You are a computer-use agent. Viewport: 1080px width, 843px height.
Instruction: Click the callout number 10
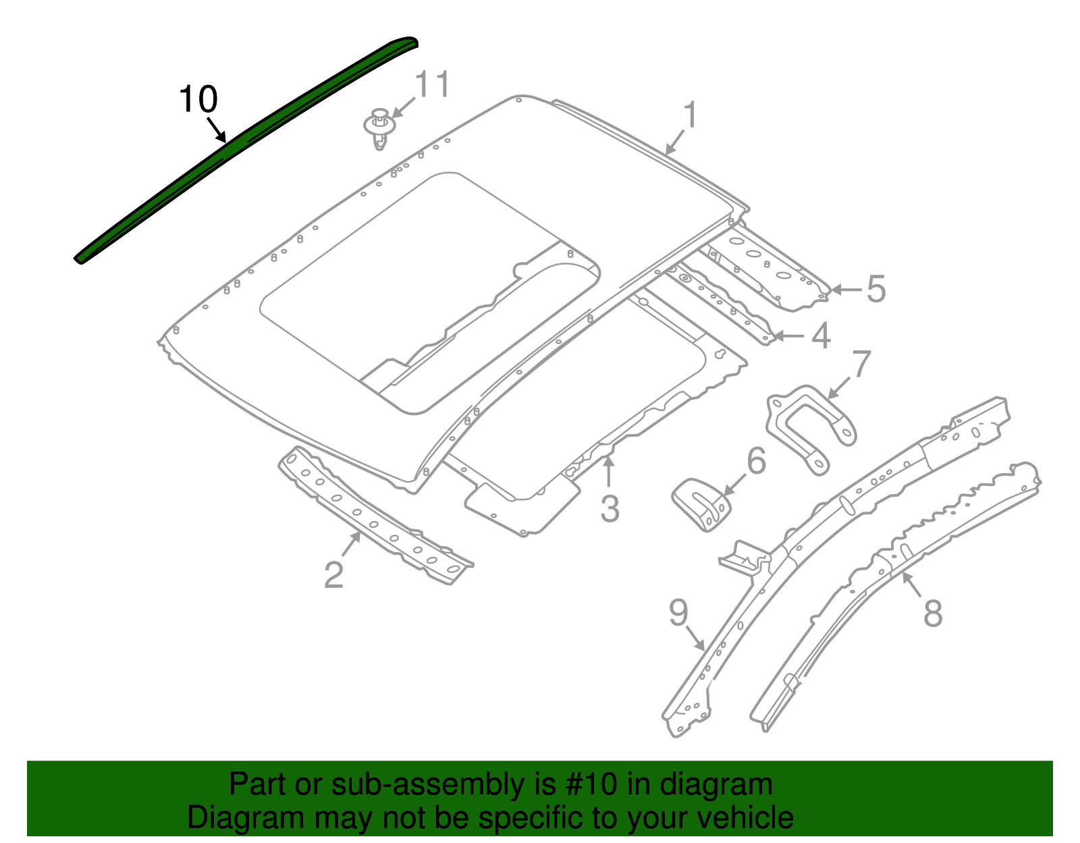point(198,100)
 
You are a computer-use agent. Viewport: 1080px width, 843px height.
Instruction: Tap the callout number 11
point(431,85)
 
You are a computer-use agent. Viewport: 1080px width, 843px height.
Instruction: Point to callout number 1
point(689,115)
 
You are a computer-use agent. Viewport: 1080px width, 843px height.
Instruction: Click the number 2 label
point(333,575)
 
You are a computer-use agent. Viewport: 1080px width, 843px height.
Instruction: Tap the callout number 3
point(610,508)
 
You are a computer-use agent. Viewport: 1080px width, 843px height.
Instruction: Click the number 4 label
point(820,335)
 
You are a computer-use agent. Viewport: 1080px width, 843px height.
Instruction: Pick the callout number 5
point(875,289)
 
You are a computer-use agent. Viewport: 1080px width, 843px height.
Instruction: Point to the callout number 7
point(861,364)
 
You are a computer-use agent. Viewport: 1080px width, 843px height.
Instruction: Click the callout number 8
point(932,614)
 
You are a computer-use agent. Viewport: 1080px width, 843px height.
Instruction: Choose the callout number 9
point(678,613)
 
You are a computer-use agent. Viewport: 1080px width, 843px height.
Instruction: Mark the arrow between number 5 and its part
point(846,290)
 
